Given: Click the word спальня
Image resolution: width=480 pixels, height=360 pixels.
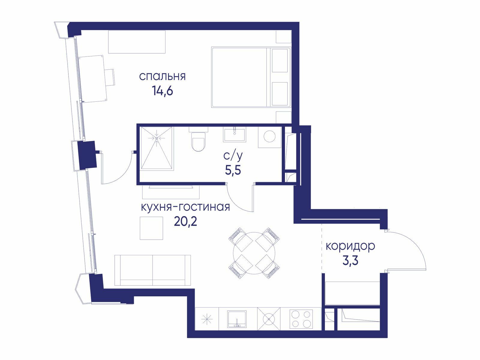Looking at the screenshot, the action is coord(162,77).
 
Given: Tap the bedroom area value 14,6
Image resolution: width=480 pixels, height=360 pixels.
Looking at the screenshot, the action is coord(163,91).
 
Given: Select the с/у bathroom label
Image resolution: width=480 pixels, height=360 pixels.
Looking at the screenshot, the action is coord(233,156).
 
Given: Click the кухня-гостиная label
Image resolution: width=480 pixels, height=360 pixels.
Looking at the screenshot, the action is coord(185,207).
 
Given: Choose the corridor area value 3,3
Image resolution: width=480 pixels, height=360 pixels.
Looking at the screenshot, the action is coord(350,260).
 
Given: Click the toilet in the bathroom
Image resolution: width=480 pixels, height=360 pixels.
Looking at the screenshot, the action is coord(199,141).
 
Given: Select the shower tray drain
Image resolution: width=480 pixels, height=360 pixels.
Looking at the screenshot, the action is coord(157,138).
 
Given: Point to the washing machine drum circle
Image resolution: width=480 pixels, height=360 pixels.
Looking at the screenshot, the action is coord(269,136).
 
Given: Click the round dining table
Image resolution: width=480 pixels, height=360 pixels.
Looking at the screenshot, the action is coord(254,253).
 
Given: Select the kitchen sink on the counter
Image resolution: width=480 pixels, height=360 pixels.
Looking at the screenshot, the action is coord(237,319).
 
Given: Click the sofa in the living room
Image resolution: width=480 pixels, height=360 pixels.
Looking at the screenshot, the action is coord(153,270).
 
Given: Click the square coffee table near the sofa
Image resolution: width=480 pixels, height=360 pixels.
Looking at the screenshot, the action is coord(151,228).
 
